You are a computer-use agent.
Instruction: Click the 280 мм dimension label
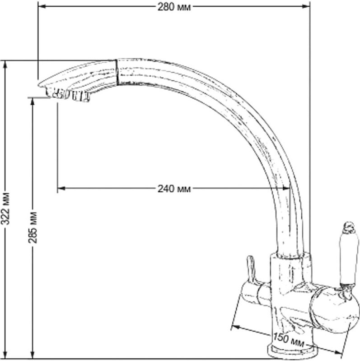coord(174,7)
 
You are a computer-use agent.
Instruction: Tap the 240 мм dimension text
coord(174,189)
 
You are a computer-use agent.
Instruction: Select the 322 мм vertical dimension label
coord(5,208)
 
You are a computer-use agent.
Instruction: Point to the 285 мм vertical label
coord(33,227)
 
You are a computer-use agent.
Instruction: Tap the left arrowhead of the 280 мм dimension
coord(42,6)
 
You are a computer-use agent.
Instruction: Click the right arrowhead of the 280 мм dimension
coord(306,6)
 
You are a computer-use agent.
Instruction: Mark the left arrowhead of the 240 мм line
coord(61,188)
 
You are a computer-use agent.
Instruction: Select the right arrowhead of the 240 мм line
coord(286,188)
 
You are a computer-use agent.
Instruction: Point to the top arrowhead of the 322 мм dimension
coord(5,65)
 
